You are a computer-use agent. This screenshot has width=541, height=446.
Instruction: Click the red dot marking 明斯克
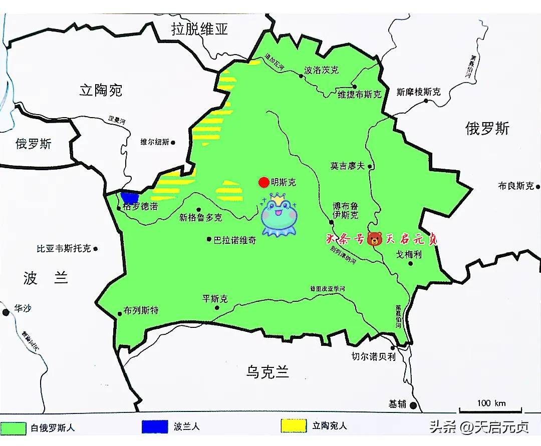(263, 182)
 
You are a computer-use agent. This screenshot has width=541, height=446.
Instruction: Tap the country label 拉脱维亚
(199, 29)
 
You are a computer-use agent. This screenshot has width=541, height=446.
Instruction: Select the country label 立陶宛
(101, 90)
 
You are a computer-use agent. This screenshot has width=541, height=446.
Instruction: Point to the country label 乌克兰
(267, 371)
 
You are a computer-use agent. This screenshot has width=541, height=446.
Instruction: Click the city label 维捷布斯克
(359, 94)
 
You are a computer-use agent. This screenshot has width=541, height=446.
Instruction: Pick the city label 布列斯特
(141, 310)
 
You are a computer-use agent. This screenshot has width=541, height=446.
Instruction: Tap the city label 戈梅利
(409, 254)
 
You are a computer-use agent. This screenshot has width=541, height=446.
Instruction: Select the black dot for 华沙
(6, 312)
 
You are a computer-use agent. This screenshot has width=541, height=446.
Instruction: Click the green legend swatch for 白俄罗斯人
(14, 428)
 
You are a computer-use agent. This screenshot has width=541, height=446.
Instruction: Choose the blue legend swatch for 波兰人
(155, 426)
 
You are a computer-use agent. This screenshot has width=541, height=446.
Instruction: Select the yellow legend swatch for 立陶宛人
(294, 426)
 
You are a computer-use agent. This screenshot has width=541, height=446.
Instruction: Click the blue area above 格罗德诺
(130, 198)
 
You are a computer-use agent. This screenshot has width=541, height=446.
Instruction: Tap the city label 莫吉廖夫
(347, 166)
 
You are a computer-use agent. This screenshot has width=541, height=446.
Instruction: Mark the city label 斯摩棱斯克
(418, 92)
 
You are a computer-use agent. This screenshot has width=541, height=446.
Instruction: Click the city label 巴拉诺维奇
(234, 240)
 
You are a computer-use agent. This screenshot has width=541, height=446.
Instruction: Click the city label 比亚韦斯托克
(64, 248)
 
